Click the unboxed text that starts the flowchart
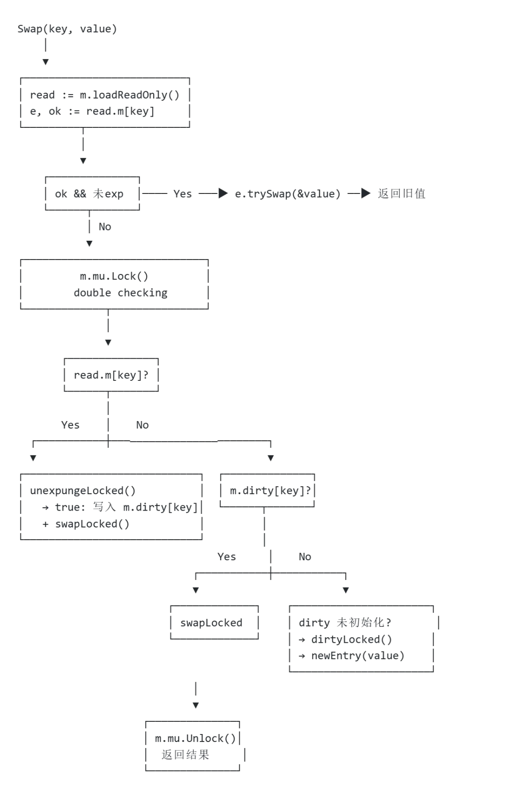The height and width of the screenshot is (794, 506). tap(67, 30)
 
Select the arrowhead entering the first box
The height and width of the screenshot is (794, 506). tap(45, 61)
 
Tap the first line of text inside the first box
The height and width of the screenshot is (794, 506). tap(104, 96)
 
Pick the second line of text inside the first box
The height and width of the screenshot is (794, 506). tap(92, 112)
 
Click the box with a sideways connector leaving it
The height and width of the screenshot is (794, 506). tap(92, 194)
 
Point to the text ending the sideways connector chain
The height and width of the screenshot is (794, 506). tap(401, 193)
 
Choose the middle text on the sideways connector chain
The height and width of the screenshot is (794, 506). tap(287, 193)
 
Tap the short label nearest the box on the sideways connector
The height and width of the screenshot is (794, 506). tap(183, 193)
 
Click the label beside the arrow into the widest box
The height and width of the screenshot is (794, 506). tap(105, 227)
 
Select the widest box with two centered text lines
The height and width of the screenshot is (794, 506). tap(114, 285)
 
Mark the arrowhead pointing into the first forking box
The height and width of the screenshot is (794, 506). tap(108, 343)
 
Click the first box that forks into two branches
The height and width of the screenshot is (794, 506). tap(111, 375)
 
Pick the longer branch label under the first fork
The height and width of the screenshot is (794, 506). tap(71, 425)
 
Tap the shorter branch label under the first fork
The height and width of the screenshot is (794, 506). tap(142, 425)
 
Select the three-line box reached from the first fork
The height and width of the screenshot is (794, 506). tap(112, 508)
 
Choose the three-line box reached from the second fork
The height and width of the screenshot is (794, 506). tap(362, 639)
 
